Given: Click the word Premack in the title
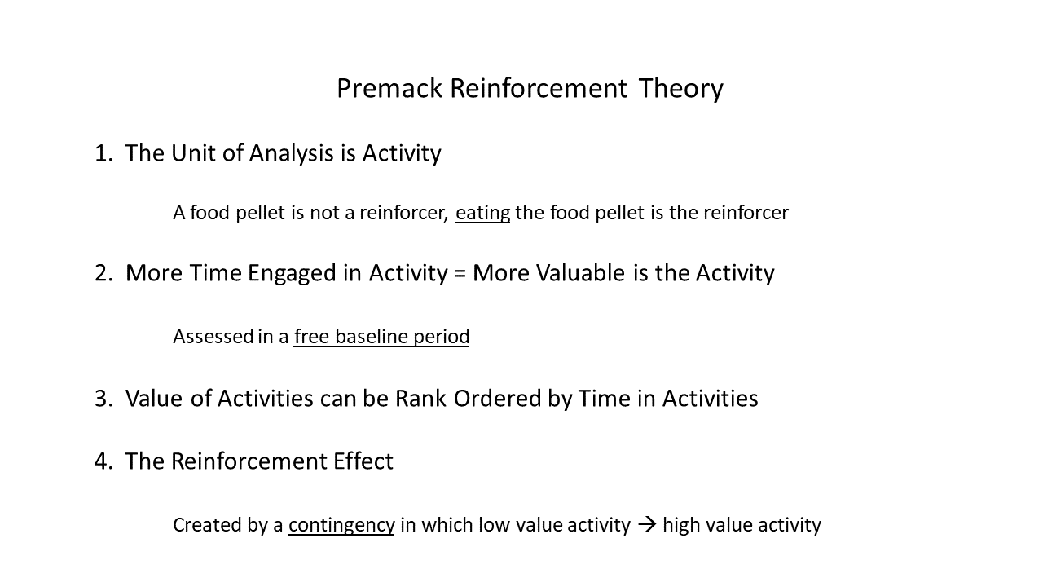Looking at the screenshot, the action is tap(389, 88).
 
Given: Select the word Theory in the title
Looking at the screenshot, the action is tap(680, 90).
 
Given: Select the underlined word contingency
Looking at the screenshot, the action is tap(341, 526).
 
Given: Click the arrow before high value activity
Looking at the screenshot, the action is tap(647, 525).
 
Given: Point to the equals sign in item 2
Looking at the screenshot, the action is tap(459, 274).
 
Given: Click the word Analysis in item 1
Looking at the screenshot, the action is tap(292, 153).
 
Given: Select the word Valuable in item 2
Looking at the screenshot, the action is tap(580, 273).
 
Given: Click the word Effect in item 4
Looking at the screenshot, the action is tap(363, 461).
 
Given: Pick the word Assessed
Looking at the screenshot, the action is tap(213, 337).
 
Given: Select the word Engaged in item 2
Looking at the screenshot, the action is tap(292, 274).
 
